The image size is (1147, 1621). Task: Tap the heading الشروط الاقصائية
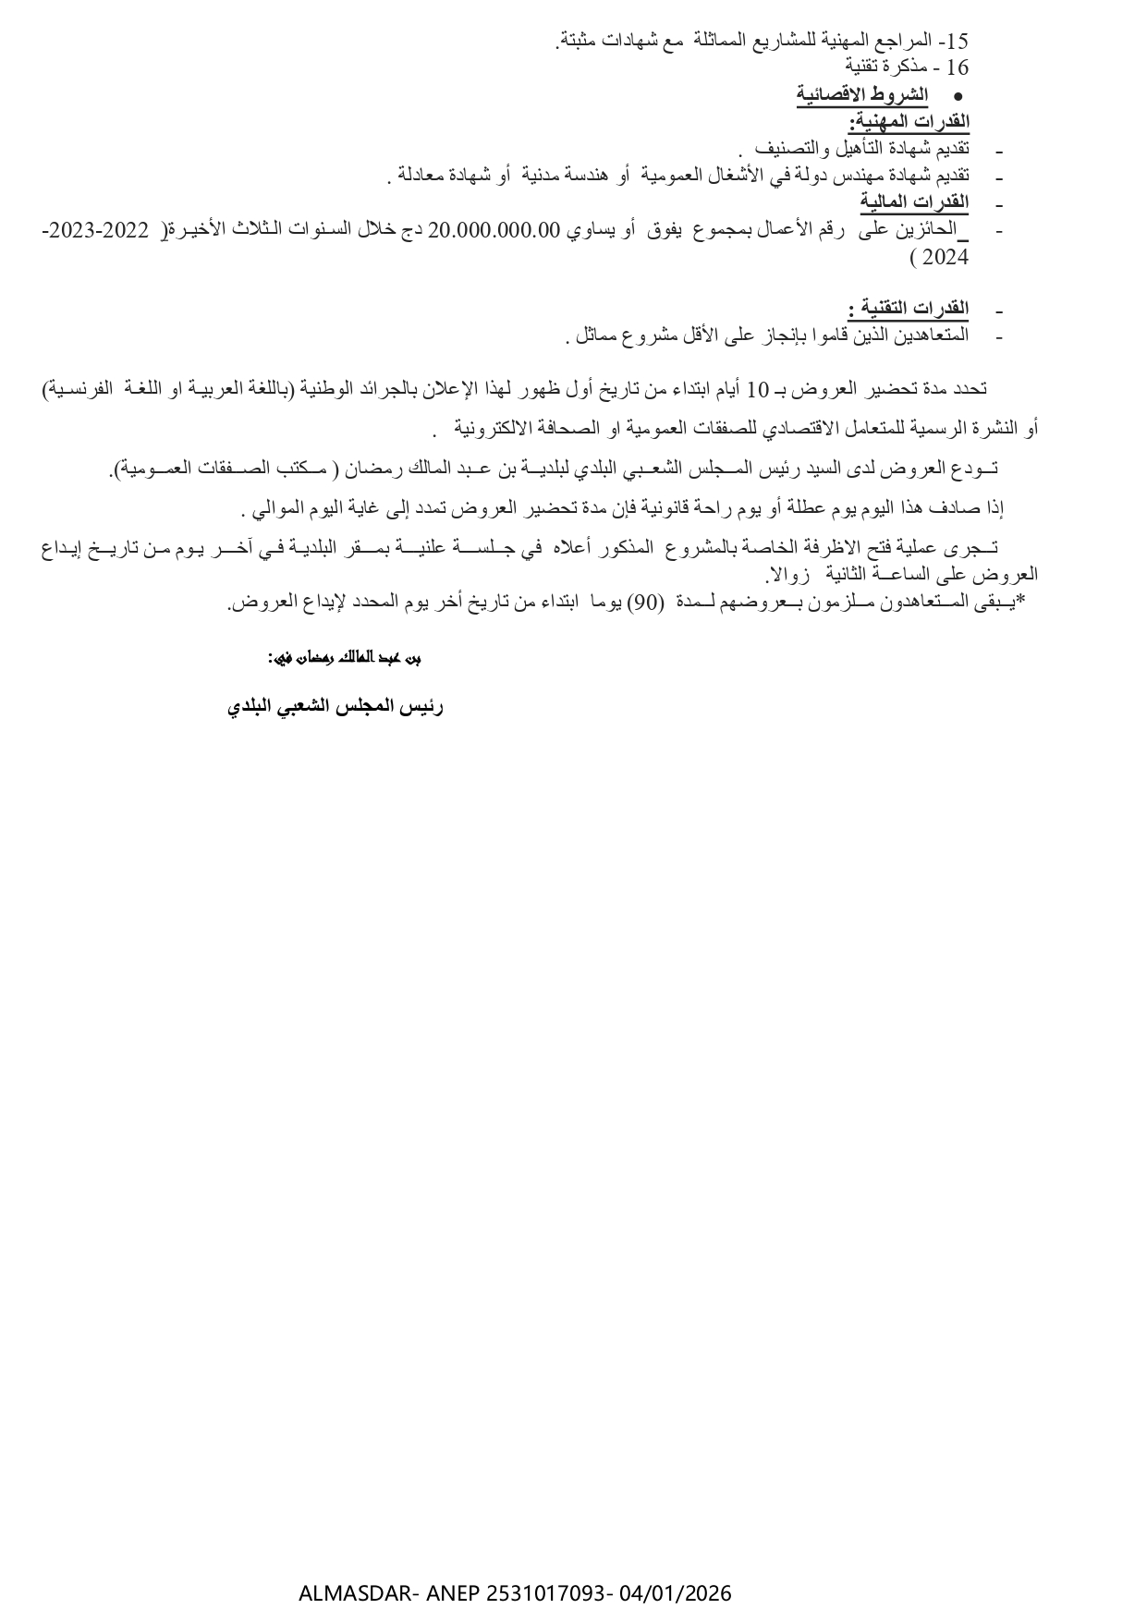click(862, 94)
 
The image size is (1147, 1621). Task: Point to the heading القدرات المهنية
click(909, 121)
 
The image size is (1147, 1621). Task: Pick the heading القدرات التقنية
click(909, 308)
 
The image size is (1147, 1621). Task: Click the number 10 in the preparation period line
click(757, 390)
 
